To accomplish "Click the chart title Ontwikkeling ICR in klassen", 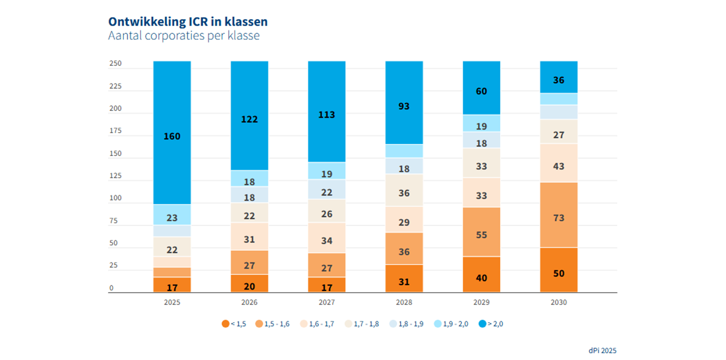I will point(188,22).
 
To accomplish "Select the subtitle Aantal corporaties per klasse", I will point(184,35).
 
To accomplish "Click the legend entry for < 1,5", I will point(234,324).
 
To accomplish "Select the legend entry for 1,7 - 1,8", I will point(362,324).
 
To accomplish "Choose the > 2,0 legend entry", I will point(491,324).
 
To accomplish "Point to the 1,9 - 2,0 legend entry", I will point(451,324).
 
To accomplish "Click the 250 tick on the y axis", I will point(116,63).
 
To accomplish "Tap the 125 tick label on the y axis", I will point(116,176).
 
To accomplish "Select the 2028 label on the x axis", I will point(404,302).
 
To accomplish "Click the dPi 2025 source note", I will point(602,350).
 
